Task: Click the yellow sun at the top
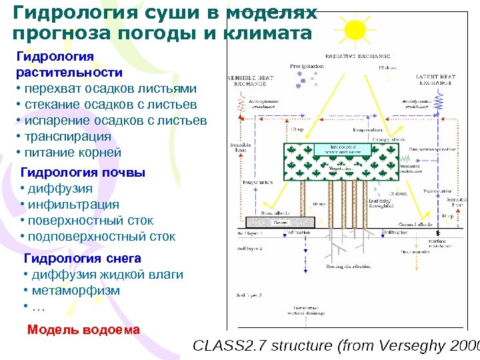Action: click(355, 30)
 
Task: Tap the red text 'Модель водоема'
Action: click(83, 329)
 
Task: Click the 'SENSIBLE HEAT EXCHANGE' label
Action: click(249, 81)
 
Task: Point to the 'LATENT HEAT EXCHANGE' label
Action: click(435, 81)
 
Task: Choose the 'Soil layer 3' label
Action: click(251, 294)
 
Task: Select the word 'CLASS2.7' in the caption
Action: click(229, 346)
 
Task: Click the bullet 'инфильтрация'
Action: click(73, 205)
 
